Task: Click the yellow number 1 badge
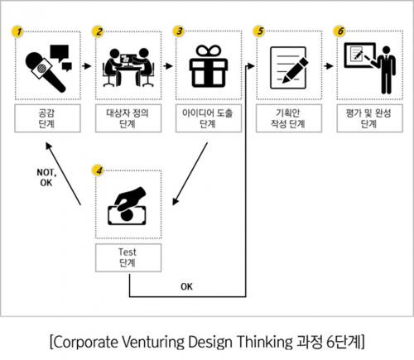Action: pyautogui.click(x=18, y=31)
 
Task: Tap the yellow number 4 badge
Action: pyautogui.click(x=99, y=170)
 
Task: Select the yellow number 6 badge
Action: pyautogui.click(x=340, y=31)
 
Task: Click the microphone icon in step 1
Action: pyautogui.click(x=46, y=72)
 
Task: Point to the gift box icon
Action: pyautogui.click(x=209, y=66)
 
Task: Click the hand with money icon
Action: pyautogui.click(x=127, y=206)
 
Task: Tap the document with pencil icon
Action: pyautogui.click(x=289, y=68)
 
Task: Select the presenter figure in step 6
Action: pyautogui.click(x=386, y=70)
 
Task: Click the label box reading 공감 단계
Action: pyautogui.click(x=47, y=118)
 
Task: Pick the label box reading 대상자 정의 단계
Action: pyautogui.click(x=128, y=118)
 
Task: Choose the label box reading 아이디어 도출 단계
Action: pyautogui.click(x=209, y=118)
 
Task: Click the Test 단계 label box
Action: pyautogui.click(x=128, y=257)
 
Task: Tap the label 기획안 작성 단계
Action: pyautogui.click(x=289, y=118)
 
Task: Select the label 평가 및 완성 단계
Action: pyautogui.click(x=369, y=118)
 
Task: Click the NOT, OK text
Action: pyautogui.click(x=46, y=178)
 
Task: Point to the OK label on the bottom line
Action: pyautogui.click(x=186, y=287)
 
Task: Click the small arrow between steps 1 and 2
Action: pyautogui.click(x=87, y=66)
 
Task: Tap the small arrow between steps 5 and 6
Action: pyautogui.click(x=329, y=66)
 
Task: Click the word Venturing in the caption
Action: pyautogui.click(x=152, y=342)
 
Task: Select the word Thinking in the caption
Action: pyautogui.click(x=264, y=342)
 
